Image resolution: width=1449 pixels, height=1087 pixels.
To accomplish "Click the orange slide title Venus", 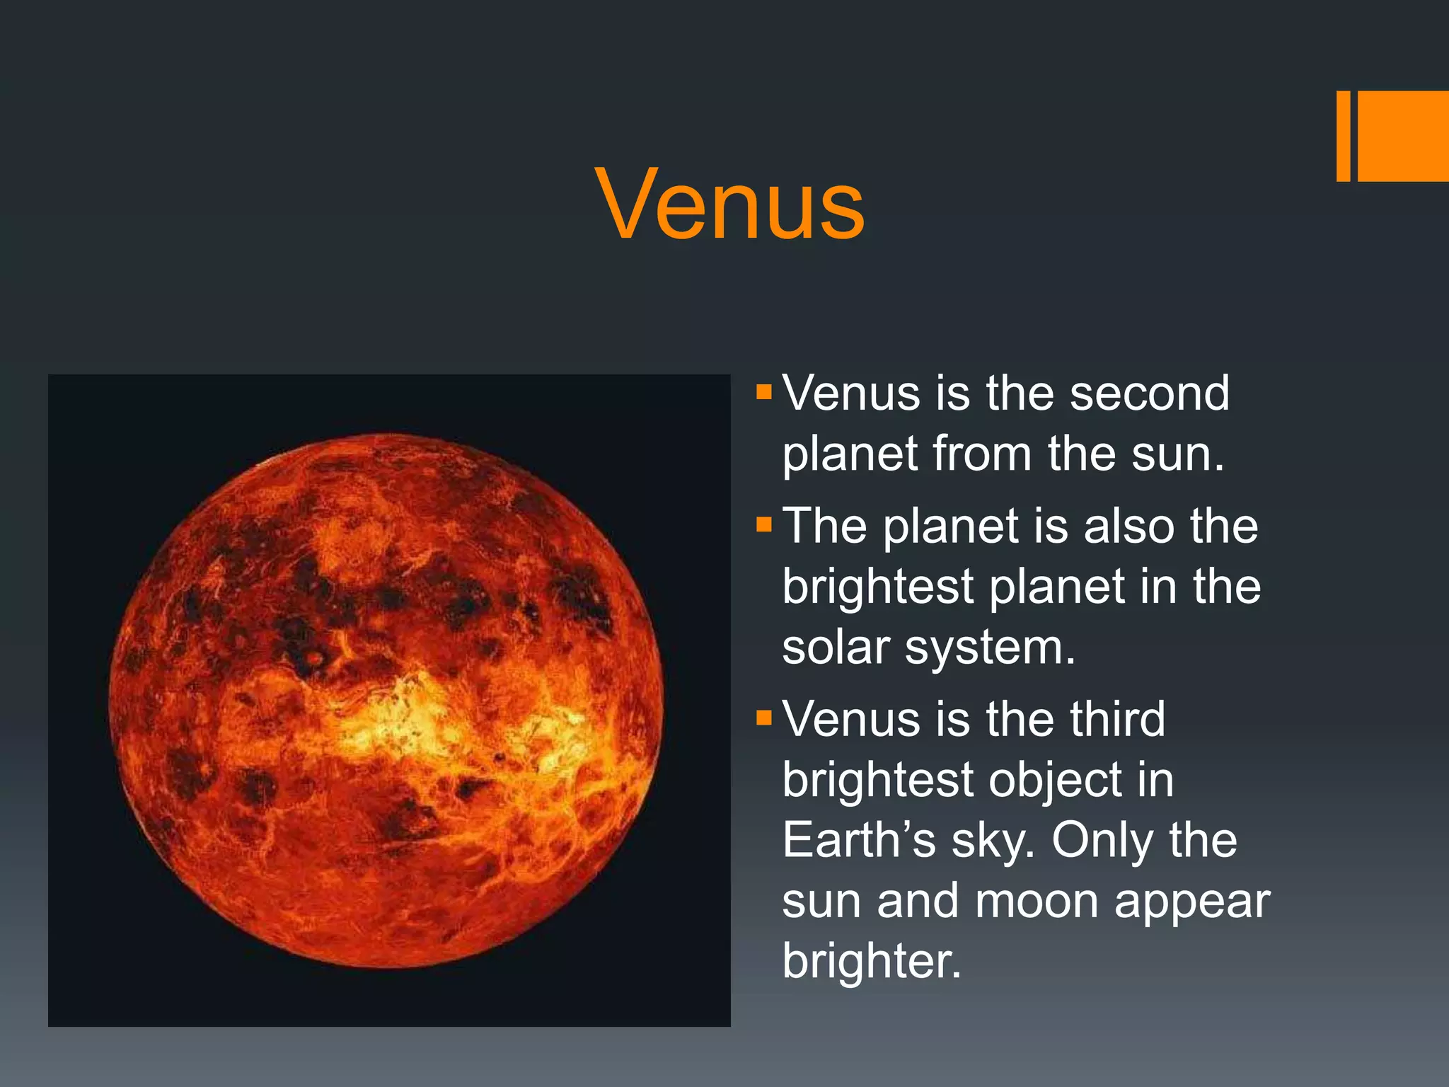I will (730, 205).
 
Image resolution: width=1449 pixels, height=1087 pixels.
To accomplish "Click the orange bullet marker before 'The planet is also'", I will (763, 524).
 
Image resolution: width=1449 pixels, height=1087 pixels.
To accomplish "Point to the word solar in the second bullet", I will (836, 648).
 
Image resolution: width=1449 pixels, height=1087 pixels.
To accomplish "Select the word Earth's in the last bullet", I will (859, 841).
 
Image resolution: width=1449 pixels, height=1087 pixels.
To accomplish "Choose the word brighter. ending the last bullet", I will (872, 961).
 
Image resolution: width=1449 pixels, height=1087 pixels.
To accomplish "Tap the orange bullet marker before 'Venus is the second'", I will (763, 392).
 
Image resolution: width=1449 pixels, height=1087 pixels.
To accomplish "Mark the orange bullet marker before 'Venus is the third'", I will (763, 718).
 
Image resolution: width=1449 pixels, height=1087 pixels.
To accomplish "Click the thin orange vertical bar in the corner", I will (1343, 136).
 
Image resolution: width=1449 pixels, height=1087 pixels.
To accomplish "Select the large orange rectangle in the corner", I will (1403, 136).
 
